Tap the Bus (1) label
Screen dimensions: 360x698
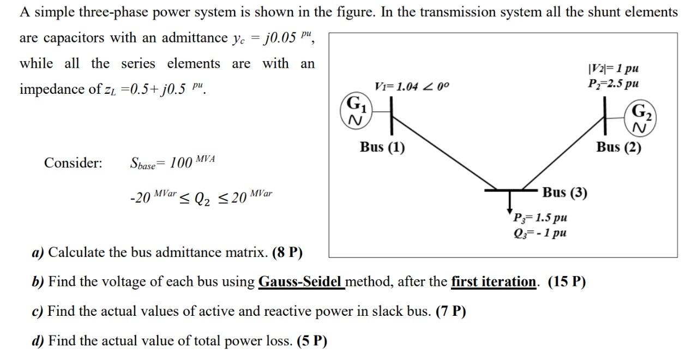click(382, 148)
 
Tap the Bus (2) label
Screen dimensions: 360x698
click(618, 148)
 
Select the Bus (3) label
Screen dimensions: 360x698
click(564, 193)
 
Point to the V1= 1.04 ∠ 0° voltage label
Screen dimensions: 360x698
click(412, 87)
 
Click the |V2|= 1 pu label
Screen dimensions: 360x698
click(613, 69)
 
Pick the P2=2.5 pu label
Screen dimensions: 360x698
click(613, 84)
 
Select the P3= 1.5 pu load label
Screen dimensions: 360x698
click(540, 218)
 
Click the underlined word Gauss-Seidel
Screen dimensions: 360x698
click(301, 282)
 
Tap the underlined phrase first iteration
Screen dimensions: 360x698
click(494, 282)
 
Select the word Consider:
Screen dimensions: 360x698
click(73, 163)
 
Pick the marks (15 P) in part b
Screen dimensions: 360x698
click(567, 282)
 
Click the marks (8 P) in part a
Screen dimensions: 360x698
click(287, 253)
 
